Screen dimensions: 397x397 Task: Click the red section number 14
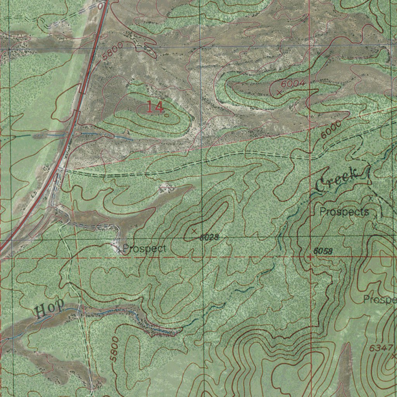pyautogui.click(x=155, y=107)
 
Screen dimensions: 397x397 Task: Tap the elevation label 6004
pyautogui.click(x=293, y=84)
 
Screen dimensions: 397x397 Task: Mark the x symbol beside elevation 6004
pyautogui.click(x=279, y=92)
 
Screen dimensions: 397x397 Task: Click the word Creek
pyautogui.click(x=336, y=179)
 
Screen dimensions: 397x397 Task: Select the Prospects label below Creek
pyautogui.click(x=344, y=212)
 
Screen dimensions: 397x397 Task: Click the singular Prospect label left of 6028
pyautogui.click(x=144, y=249)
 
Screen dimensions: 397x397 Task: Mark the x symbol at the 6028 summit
pyautogui.click(x=194, y=231)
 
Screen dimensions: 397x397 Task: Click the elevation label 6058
pyautogui.click(x=323, y=251)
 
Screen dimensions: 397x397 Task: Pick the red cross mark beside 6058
pyautogui.click(x=310, y=257)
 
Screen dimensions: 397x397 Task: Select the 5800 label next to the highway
pyautogui.click(x=113, y=51)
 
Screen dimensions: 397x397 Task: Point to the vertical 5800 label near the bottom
pyautogui.click(x=114, y=349)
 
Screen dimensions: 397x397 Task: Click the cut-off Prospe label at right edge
pyautogui.click(x=380, y=300)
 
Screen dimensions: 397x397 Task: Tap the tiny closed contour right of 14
pyautogui.click(x=166, y=115)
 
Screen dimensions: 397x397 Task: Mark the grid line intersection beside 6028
pyautogui.click(x=202, y=238)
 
